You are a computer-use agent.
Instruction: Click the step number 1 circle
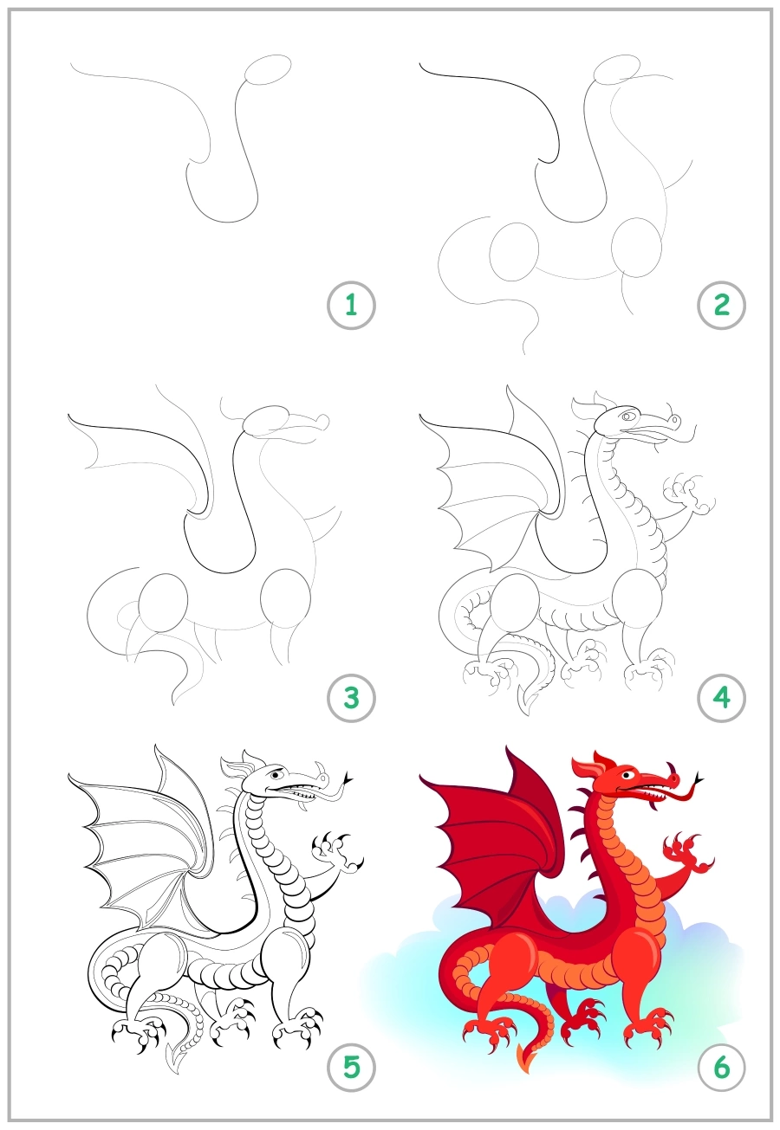(351, 305)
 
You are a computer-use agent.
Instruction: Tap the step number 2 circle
(721, 305)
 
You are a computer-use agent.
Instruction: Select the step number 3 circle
(351, 697)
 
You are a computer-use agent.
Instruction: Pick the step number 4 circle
(721, 697)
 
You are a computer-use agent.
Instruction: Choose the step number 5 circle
(351, 1067)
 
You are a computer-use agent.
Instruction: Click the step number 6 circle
(721, 1067)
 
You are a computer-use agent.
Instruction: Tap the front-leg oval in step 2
(636, 248)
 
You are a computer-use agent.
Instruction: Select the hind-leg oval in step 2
(514, 251)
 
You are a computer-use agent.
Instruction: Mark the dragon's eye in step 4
(627, 416)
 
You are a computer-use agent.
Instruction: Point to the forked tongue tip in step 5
(350, 778)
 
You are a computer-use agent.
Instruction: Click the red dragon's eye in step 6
(635, 773)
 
